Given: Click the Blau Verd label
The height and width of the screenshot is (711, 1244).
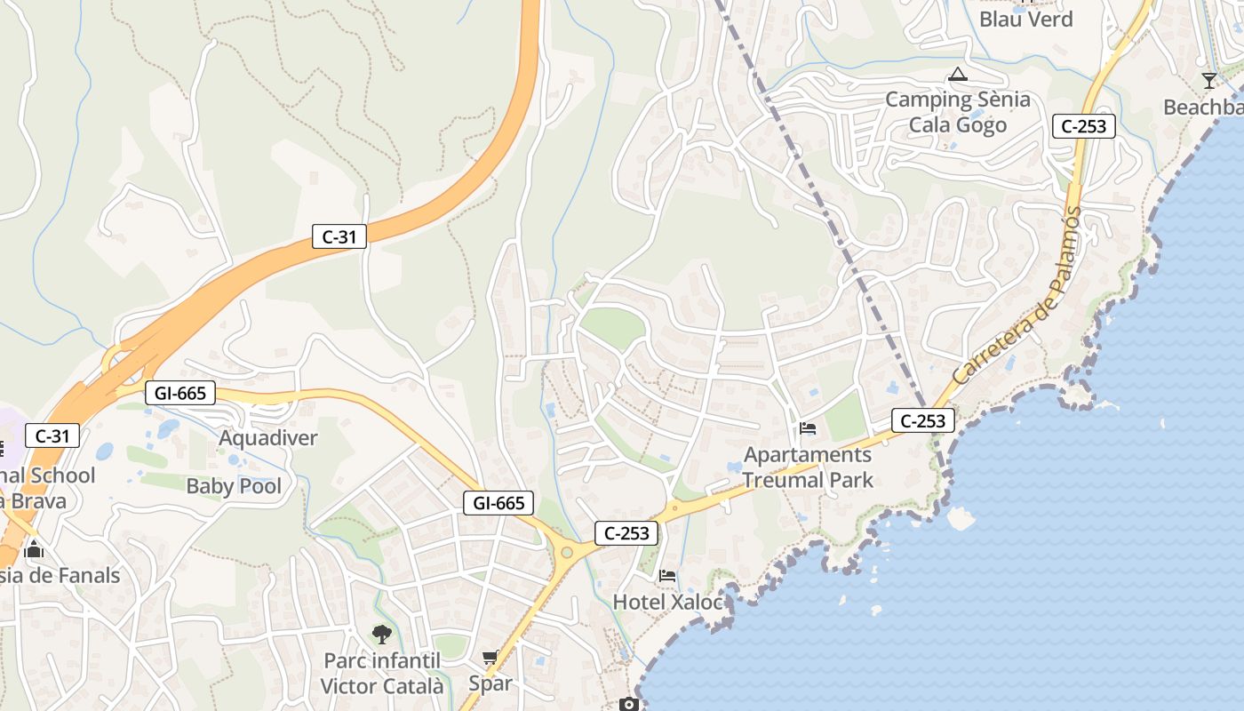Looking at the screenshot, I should tap(1025, 19).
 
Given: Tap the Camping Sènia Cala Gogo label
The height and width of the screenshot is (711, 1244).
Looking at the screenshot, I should tap(957, 112).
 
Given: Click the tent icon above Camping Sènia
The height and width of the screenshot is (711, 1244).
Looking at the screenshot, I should tap(957, 74).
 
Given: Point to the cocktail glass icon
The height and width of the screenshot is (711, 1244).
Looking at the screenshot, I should tap(1208, 81).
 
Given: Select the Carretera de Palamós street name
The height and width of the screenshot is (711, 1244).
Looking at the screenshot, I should tap(1018, 295).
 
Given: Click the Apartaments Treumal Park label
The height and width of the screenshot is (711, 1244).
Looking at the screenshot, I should tap(808, 467).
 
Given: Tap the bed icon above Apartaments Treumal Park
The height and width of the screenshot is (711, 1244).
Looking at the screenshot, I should tap(808, 428).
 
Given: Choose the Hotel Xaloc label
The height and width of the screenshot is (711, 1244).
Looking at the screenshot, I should tap(668, 602).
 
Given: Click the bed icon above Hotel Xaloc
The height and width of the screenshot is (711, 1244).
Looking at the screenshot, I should tap(668, 576).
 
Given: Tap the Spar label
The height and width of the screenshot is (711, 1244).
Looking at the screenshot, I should tap(490, 683).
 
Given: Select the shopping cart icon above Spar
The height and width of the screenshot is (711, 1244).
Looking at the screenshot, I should tap(490, 658).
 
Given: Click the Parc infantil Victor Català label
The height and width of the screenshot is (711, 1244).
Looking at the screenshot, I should tap(381, 673).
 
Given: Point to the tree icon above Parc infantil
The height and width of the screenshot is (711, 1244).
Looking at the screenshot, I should tap(381, 634).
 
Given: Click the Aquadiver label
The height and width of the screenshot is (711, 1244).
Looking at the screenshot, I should tap(267, 438).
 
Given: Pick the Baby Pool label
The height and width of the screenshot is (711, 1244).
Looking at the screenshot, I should tap(234, 486).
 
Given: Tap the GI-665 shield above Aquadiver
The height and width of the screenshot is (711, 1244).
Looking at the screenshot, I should tap(179, 393).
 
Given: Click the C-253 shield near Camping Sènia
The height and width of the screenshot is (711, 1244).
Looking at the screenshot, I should tap(1084, 126).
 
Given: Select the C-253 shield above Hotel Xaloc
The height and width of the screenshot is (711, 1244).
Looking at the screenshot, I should tap(627, 533).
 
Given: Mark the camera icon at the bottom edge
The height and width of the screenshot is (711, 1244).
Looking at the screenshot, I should tap(629, 705).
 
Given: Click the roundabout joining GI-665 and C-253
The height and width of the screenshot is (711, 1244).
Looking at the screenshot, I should tap(567, 553).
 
